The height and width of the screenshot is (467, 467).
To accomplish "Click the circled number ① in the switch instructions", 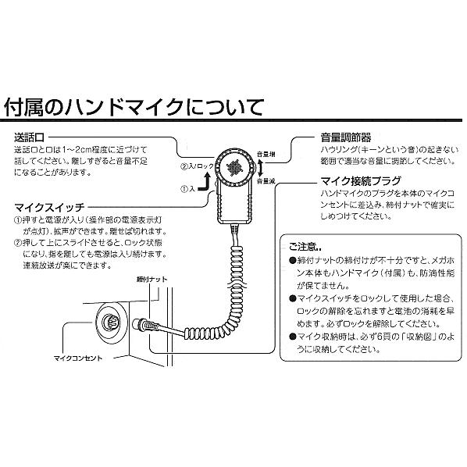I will click(x=18, y=221).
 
